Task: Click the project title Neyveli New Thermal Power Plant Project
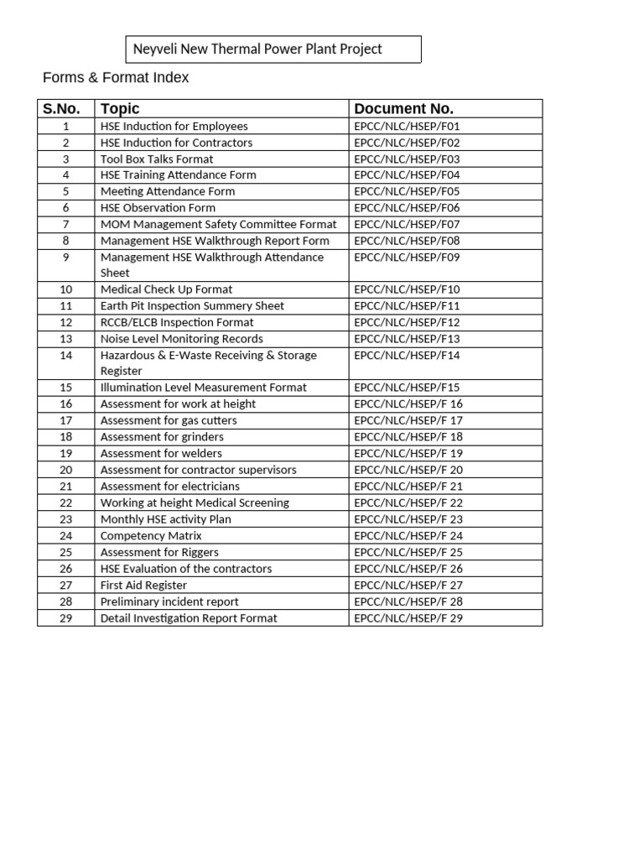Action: (257, 49)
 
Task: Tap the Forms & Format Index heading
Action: (116, 78)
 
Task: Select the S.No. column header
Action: (62, 109)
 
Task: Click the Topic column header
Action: (120, 109)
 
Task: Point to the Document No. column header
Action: (403, 109)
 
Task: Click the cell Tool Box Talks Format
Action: (157, 159)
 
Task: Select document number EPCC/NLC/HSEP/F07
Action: (407, 224)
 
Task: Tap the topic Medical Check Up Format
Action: (166, 289)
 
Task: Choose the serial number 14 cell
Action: (66, 356)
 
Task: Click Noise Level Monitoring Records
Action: (181, 339)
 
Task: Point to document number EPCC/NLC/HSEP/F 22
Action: (408, 502)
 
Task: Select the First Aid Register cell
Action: (143, 585)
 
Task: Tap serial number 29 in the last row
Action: (66, 618)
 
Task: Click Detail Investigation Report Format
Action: (189, 618)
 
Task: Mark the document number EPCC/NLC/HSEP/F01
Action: (407, 126)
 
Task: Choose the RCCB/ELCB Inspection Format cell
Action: (177, 322)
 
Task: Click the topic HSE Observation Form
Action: (158, 208)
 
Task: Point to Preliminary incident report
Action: (169, 601)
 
